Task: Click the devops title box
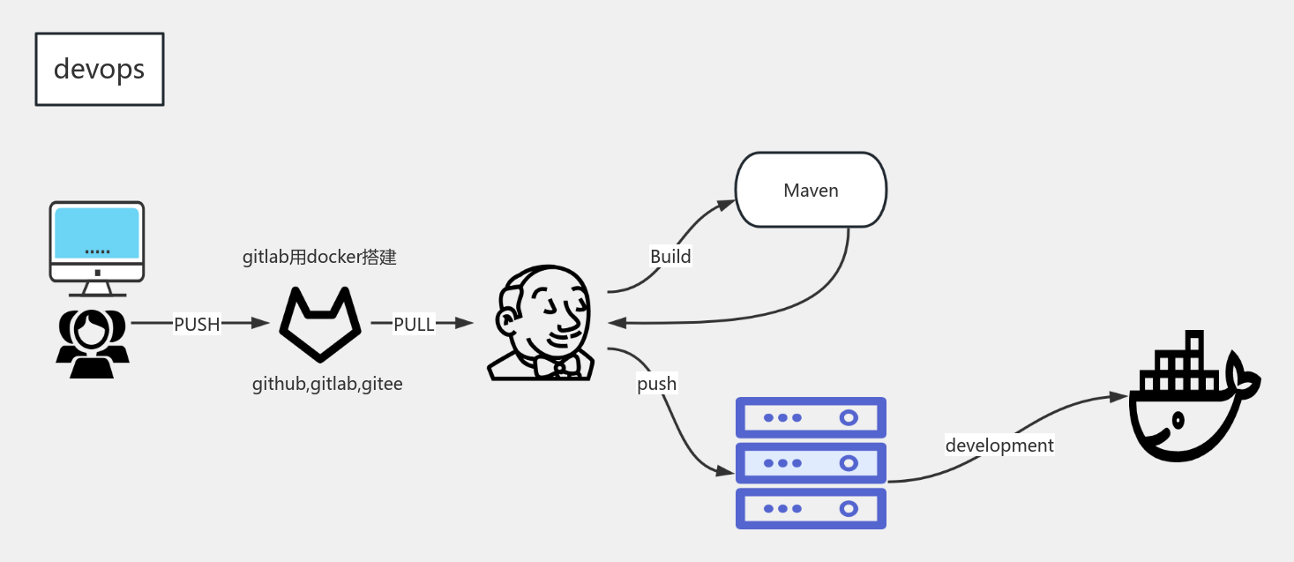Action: pos(99,70)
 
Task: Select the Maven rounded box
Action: pos(811,190)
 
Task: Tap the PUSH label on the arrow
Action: pos(196,324)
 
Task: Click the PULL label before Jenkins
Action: pos(414,324)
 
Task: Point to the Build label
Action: pos(670,257)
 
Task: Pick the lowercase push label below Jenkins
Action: pos(656,384)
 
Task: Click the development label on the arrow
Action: pos(999,446)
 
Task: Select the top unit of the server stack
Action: pos(811,417)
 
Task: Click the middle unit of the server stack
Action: pos(811,462)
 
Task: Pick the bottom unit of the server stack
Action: pos(811,508)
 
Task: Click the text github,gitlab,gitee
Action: pos(327,384)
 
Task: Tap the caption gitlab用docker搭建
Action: pos(319,257)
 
